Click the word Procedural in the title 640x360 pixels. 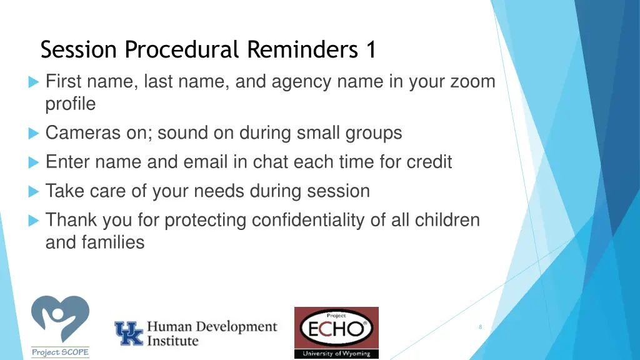pyautogui.click(x=182, y=49)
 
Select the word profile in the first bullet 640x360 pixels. pyautogui.click(x=71, y=104)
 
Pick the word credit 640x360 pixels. pyautogui.click(x=429, y=162)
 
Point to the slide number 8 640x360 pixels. pyautogui.click(x=480, y=327)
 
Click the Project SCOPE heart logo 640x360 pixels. pyautogui.click(x=61, y=320)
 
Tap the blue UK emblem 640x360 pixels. pyautogui.click(x=128, y=334)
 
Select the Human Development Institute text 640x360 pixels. pyautogui.click(x=211, y=334)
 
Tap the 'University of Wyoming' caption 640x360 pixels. pyautogui.click(x=336, y=353)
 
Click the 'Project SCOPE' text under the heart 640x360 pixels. pyautogui.click(x=61, y=352)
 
